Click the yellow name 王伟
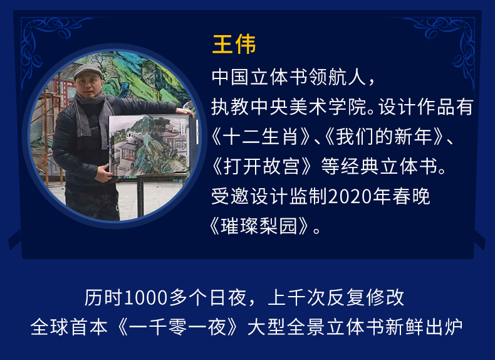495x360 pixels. pyautogui.click(x=234, y=45)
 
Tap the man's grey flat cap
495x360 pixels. pyautogui.click(x=88, y=71)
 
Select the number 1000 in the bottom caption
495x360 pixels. pyautogui.click(x=145, y=298)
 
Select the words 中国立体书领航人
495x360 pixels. pyautogui.click(x=288, y=77)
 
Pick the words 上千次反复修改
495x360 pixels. pyautogui.click(x=336, y=298)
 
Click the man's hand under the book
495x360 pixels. pyautogui.click(x=104, y=173)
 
